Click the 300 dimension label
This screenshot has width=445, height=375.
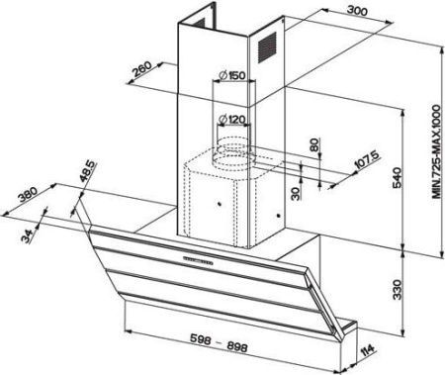tap(357, 11)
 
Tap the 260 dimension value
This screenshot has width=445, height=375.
tap(141, 69)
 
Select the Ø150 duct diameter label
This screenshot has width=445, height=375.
tap(232, 75)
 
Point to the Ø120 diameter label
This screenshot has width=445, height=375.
tap(232, 119)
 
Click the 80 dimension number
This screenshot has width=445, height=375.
tap(314, 144)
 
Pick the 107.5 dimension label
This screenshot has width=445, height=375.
tap(366, 160)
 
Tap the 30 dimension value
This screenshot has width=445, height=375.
tap(297, 194)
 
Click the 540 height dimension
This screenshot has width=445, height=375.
tap(398, 178)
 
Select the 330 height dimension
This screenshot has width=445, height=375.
tap(398, 290)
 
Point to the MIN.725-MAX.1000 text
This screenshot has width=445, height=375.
tap(436, 151)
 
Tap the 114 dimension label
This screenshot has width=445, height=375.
tap(367, 351)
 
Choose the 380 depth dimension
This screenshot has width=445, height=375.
tap(29, 194)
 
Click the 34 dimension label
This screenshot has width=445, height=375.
tap(29, 236)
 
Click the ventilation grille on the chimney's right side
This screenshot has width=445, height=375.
tap(267, 47)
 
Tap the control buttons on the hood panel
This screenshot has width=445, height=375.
tap(197, 261)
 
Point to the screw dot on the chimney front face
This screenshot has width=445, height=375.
tap(220, 204)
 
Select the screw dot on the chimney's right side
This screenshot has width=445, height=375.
tap(279, 216)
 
